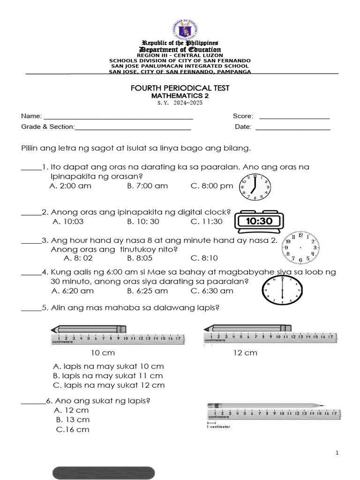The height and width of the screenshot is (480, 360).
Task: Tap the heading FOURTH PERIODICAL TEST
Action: pyautogui.click(x=180, y=88)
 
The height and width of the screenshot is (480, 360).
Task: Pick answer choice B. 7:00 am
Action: pyautogui.click(x=147, y=186)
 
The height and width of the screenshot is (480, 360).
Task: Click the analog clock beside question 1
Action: pyautogui.click(x=254, y=186)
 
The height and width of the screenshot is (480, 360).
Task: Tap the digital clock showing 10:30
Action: pyautogui.click(x=259, y=221)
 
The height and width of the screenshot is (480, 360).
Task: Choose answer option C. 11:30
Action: pyautogui.click(x=207, y=222)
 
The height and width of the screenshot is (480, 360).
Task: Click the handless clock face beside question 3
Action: pyautogui.click(x=300, y=247)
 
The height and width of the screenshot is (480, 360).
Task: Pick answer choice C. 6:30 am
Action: pyautogui.click(x=212, y=291)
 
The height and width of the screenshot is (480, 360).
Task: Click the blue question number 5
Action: pyautogui.click(x=45, y=307)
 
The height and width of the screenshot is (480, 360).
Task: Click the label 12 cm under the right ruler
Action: pyautogui.click(x=245, y=352)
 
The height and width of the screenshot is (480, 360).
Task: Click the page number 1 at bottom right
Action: pyautogui.click(x=337, y=452)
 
